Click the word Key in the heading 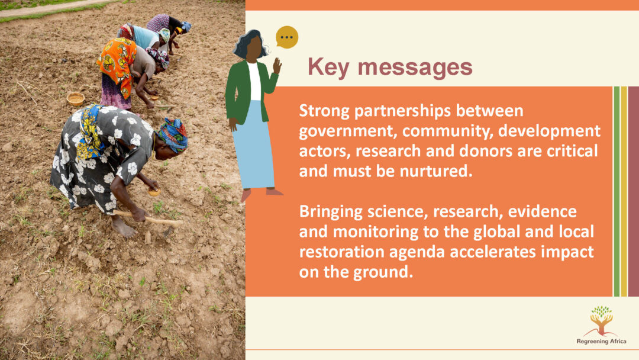(x=328, y=67)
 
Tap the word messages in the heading (x=415, y=67)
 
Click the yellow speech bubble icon (x=287, y=37)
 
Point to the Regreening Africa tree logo (x=601, y=320)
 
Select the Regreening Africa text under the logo (x=601, y=341)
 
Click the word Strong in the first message (x=324, y=111)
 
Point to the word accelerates (x=493, y=252)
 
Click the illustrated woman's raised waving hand (x=277, y=65)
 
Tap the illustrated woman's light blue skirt (x=257, y=144)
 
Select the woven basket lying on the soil (x=75, y=98)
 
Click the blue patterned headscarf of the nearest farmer (x=173, y=134)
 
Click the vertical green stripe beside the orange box (x=617, y=191)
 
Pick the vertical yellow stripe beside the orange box (x=624, y=191)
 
